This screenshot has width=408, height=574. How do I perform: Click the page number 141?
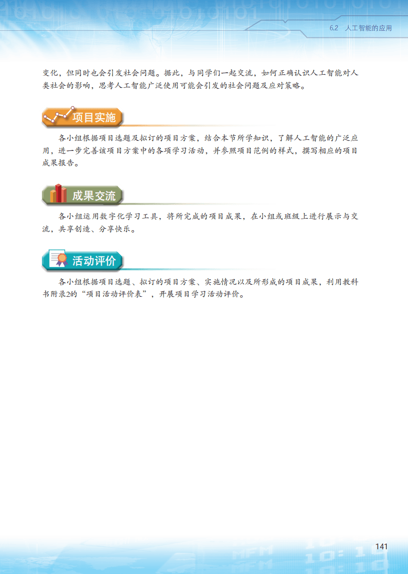coord(381,546)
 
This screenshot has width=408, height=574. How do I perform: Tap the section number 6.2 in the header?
coord(334,28)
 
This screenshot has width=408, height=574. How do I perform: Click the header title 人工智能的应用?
coord(369,28)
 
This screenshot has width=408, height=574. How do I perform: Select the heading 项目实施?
coord(94,118)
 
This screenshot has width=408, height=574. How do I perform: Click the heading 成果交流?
coord(94,196)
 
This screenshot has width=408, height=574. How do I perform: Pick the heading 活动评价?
coord(94,261)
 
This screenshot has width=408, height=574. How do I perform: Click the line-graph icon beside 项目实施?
coord(59,115)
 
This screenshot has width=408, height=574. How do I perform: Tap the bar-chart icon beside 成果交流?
coord(58,194)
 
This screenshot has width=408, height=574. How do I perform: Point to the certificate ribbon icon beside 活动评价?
coord(58,258)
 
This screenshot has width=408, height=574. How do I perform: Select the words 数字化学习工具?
coord(128,217)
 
